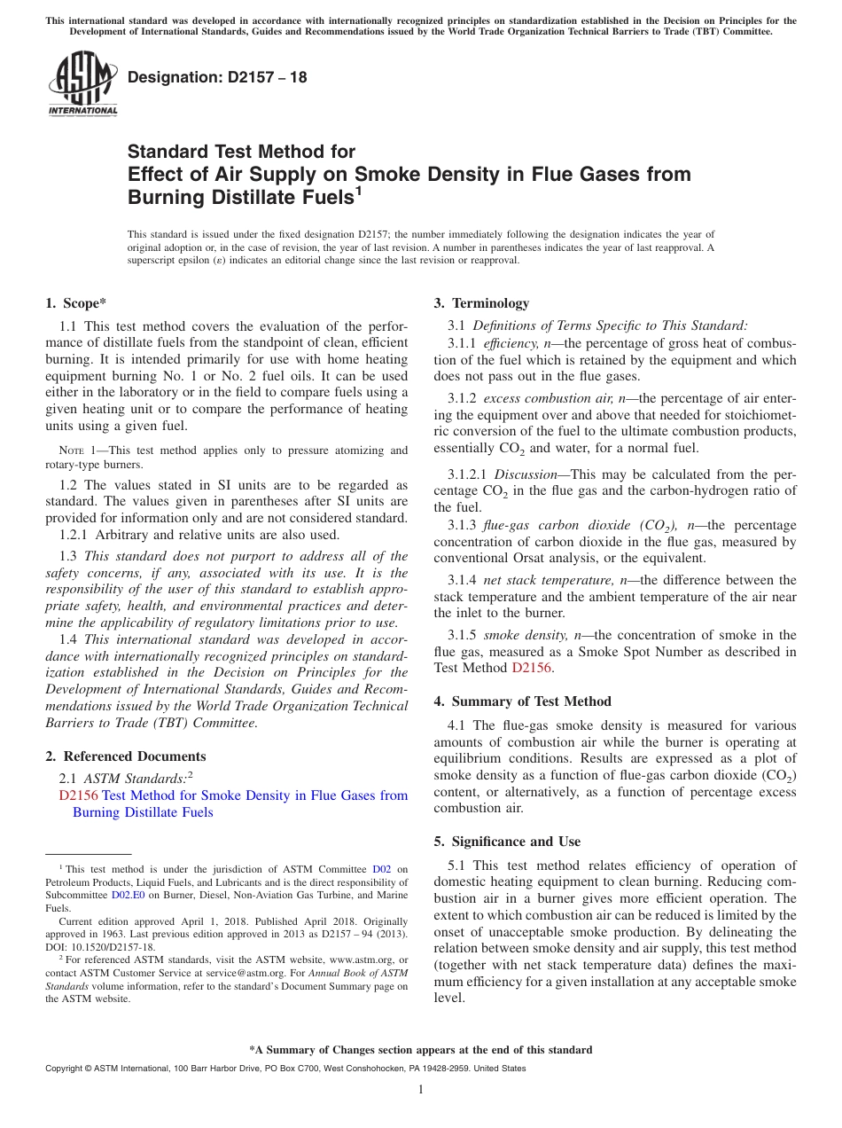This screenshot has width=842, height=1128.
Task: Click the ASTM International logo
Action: [82, 83]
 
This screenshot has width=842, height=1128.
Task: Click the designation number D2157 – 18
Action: [217, 77]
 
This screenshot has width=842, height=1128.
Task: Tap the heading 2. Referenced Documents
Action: [125, 756]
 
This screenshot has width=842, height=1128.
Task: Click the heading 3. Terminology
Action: [480, 303]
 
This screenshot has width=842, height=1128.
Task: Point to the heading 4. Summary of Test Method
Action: [522, 701]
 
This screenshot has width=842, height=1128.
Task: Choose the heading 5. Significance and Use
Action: [507, 842]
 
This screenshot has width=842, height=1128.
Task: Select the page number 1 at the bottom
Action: [421, 1089]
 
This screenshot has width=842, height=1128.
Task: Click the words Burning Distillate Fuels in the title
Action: [240, 197]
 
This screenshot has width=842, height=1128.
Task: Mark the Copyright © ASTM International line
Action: [285, 1069]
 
